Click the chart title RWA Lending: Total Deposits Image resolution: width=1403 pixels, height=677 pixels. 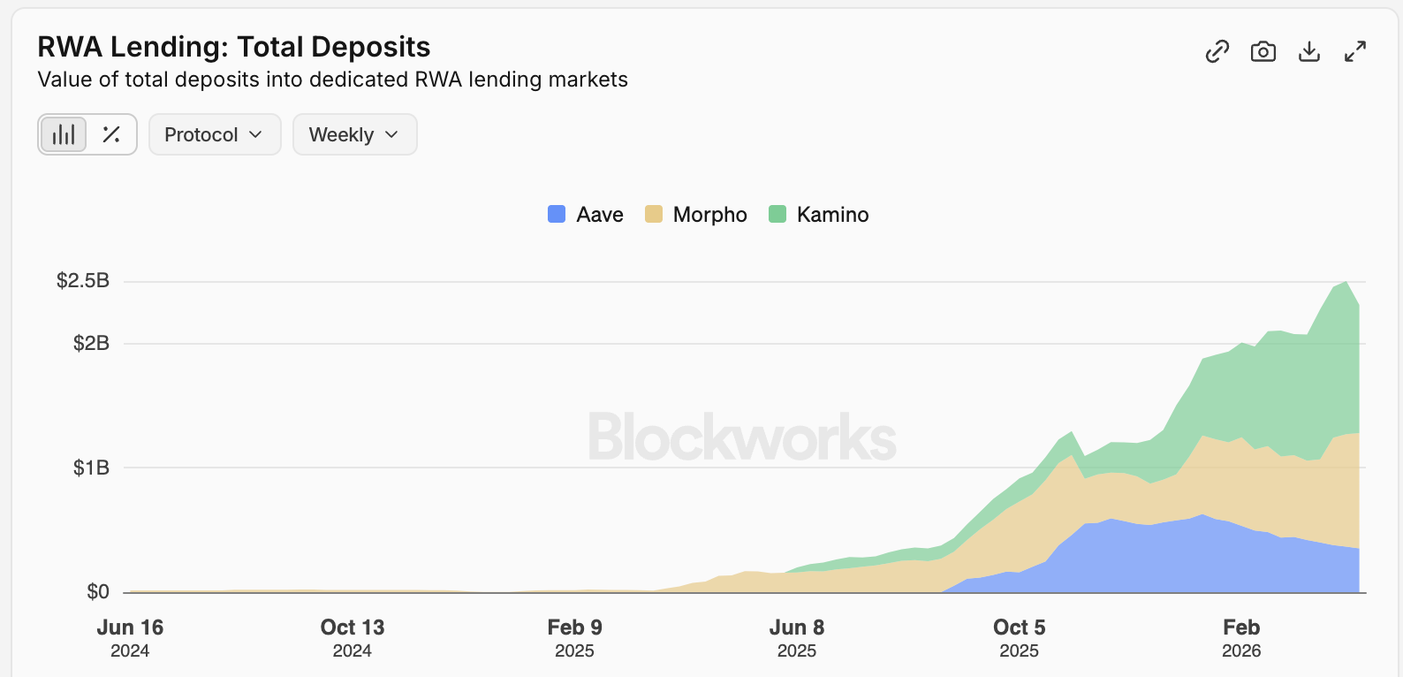coord(234,47)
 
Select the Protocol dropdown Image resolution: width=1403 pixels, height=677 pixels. coord(215,134)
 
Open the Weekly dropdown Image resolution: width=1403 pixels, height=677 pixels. coord(354,134)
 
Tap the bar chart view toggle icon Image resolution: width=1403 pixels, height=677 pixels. coord(64,134)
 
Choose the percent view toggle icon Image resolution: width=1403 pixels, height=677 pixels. coord(111,134)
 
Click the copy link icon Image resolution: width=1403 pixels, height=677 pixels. coord(1217,52)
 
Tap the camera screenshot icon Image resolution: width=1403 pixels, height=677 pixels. coord(1263,52)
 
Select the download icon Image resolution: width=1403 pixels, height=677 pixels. coord(1309,52)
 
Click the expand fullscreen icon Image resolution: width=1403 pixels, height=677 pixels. coord(1355,52)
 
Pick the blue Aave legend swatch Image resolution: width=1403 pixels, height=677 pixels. coord(557,214)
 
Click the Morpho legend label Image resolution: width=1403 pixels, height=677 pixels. coord(709,215)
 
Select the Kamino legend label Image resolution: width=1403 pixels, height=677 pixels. coord(832,215)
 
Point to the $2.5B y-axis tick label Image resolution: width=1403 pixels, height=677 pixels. coord(83,281)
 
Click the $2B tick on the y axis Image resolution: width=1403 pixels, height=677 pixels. coord(91,343)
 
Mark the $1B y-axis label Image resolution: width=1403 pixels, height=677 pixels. coord(91,468)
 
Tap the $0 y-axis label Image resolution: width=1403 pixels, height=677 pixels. coord(98,591)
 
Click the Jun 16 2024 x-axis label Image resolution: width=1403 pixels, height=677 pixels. coord(130,637)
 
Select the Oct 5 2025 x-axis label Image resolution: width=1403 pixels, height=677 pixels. coord(1019,637)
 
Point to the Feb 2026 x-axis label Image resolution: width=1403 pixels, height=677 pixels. coord(1241,637)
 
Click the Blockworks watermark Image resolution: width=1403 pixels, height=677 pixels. coord(742,437)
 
